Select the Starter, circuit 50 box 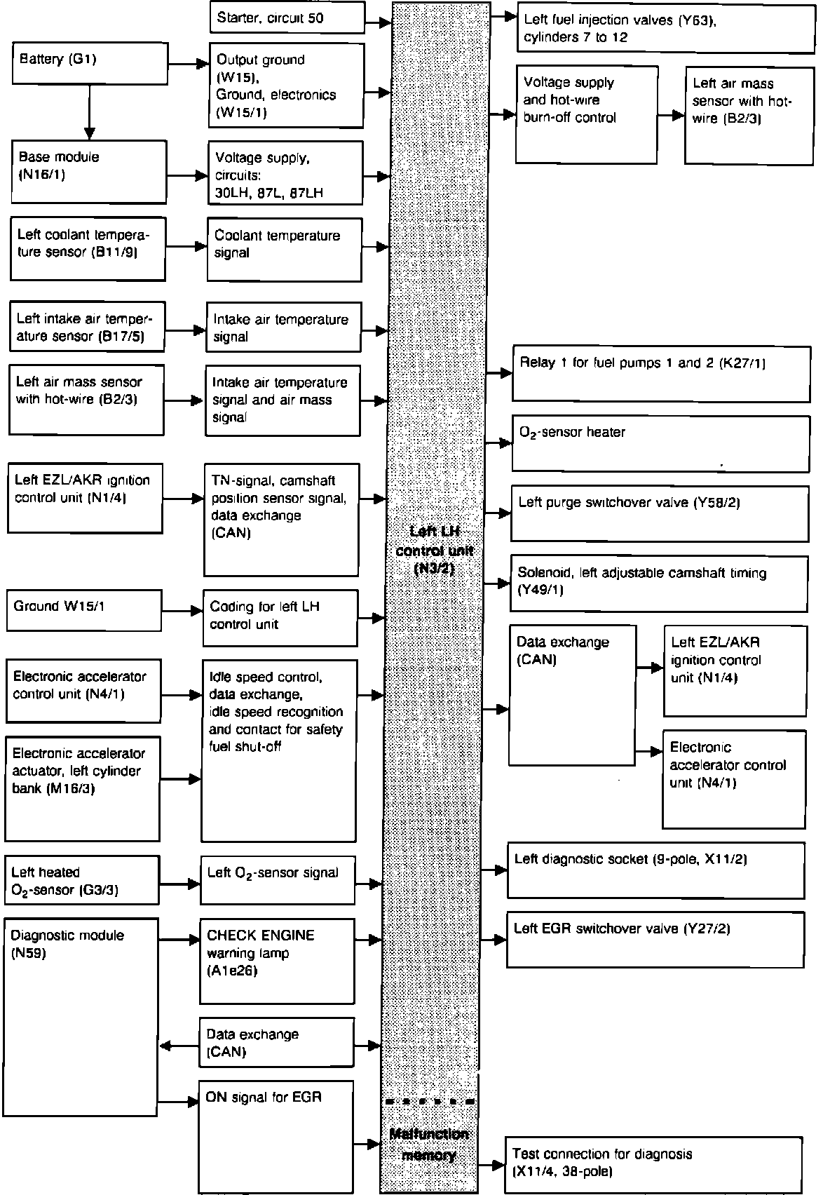(287, 18)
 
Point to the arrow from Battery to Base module (89, 112)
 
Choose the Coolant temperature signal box (285, 249)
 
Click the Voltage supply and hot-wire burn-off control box (587, 114)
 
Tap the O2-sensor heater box (660, 443)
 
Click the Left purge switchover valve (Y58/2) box (659, 513)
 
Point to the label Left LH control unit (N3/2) (435, 551)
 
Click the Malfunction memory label (429, 1145)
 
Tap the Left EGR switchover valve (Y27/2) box (655, 940)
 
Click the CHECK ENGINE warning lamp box (277, 961)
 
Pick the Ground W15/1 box (83, 610)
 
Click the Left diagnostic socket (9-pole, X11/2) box (655, 870)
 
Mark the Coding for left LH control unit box (280, 617)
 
